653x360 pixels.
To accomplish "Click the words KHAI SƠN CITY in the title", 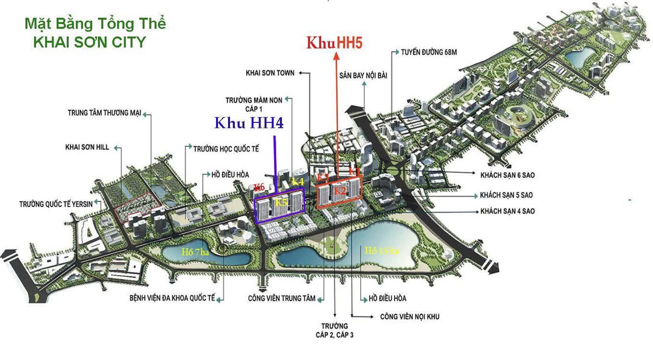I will click(x=89, y=42).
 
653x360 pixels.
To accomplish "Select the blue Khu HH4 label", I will click(x=249, y=123).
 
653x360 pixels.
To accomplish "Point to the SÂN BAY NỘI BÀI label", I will click(x=363, y=75).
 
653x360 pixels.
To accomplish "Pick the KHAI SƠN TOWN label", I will click(x=270, y=72).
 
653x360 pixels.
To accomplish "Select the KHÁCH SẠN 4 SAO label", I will click(x=507, y=211).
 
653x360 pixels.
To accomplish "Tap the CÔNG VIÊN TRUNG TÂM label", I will click(x=281, y=298).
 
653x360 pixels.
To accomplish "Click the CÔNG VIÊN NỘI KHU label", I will click(x=409, y=316).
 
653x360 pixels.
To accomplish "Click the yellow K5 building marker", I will click(x=281, y=202).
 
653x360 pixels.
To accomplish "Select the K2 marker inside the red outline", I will click(x=340, y=190).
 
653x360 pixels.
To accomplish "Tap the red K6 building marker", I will click(x=258, y=187).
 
